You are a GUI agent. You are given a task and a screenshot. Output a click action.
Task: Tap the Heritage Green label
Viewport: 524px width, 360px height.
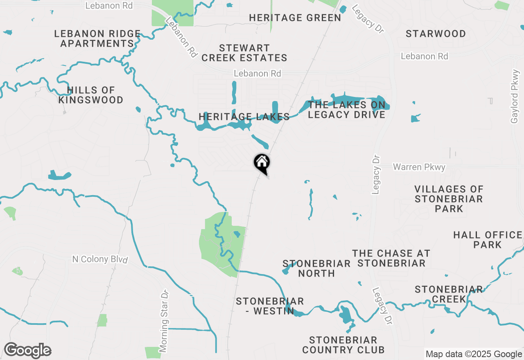(295, 18)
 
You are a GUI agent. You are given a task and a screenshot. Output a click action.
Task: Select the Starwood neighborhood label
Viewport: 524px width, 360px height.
(436, 34)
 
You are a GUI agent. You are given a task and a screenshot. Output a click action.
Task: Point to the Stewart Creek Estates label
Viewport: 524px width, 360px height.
(244, 53)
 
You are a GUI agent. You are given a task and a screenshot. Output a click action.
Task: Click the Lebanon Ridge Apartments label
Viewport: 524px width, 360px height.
(97, 38)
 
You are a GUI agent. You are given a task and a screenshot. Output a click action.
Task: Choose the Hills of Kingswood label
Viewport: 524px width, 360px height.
(90, 95)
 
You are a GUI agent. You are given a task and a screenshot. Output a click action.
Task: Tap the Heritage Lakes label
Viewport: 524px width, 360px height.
(244, 117)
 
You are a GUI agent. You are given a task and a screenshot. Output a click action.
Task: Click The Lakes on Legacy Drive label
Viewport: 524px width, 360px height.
(346, 110)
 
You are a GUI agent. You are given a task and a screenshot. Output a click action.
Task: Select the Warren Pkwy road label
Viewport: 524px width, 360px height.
(419, 167)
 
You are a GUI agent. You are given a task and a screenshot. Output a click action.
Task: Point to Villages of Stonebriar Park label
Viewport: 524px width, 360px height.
(449, 199)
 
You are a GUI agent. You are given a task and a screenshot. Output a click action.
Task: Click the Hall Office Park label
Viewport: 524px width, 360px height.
(488, 240)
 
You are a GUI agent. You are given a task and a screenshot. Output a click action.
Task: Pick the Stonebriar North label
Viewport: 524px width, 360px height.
(316, 268)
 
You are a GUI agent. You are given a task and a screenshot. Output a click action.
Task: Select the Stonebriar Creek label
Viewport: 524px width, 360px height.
(449, 295)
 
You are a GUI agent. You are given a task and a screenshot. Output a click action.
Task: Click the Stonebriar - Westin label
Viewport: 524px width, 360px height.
(270, 306)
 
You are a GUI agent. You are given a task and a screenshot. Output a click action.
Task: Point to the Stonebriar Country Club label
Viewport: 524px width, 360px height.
(343, 345)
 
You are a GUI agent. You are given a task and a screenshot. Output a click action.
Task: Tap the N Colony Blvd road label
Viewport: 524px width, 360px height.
(100, 259)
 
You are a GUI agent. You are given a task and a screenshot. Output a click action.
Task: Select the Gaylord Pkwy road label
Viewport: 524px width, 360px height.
(515, 97)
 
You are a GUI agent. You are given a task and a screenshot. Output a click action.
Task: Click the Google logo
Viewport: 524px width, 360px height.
(27, 351)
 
